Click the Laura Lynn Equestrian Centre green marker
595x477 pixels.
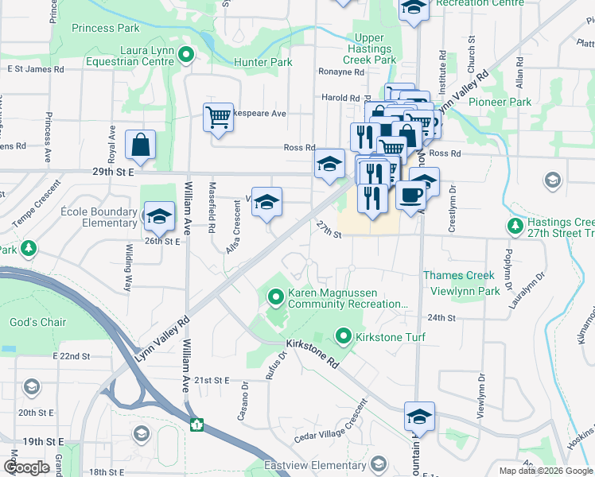(x=186, y=55)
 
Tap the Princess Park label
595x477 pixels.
(x=105, y=28)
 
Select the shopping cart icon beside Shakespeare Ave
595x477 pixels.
(x=218, y=118)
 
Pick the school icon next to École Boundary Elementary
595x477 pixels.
(x=158, y=215)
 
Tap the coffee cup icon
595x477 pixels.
(x=410, y=196)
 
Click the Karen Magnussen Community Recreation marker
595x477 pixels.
(x=276, y=298)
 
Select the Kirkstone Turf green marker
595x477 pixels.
(x=344, y=336)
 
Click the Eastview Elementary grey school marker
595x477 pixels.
(x=379, y=464)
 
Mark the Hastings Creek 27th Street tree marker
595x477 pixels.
(x=515, y=227)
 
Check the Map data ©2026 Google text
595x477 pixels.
(x=545, y=471)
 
